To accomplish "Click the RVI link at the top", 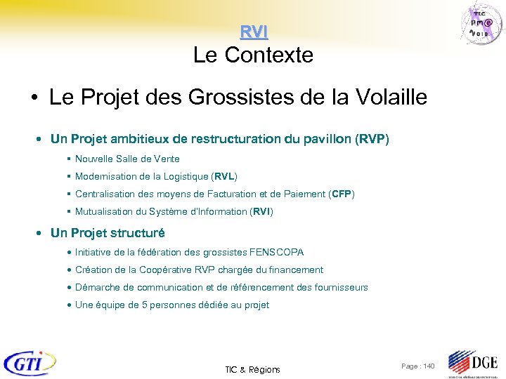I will pos(253,32).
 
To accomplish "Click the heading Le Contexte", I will pos(253,55).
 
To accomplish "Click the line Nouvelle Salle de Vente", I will pos(127,159).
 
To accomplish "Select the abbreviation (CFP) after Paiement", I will pos(342,194).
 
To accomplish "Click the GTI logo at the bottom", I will pos(30,364).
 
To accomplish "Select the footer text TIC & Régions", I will pos(252,369).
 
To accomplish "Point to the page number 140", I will pos(428,366).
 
